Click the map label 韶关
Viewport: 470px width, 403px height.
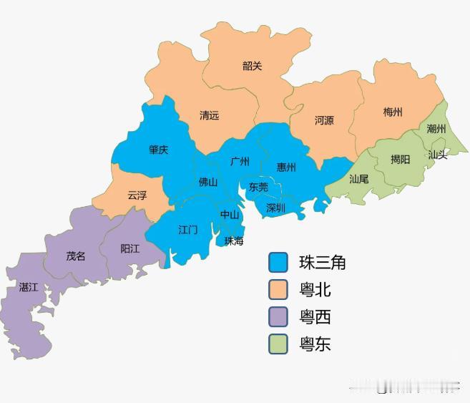pyautogui.click(x=252, y=66)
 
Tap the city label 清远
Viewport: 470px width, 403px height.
pyautogui.click(x=210, y=115)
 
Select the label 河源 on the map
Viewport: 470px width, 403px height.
pyautogui.click(x=324, y=120)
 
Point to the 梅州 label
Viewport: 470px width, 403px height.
pyautogui.click(x=393, y=112)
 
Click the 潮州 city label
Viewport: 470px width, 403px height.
pyautogui.click(x=436, y=129)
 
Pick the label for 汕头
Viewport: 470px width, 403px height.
pyautogui.click(x=437, y=154)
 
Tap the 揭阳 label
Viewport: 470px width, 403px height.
pyautogui.click(x=401, y=159)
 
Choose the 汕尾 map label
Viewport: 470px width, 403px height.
pyautogui.click(x=358, y=178)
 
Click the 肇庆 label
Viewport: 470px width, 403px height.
pyautogui.click(x=159, y=150)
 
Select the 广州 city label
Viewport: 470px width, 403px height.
pyautogui.click(x=240, y=161)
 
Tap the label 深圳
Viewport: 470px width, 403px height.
pyautogui.click(x=275, y=208)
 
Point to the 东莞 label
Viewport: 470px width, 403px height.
pyautogui.click(x=258, y=187)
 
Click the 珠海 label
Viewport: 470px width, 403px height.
pyautogui.click(x=234, y=241)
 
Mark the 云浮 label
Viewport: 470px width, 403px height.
pyautogui.click(x=137, y=195)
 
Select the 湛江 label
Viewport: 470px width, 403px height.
pyautogui.click(x=29, y=287)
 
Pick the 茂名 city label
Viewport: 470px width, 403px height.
pyautogui.click(x=76, y=256)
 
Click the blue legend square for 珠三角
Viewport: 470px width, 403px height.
pyautogui.click(x=278, y=263)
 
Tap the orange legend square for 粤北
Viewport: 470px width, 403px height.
pyautogui.click(x=278, y=290)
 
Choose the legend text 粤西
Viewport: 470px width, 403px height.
pyautogui.click(x=315, y=317)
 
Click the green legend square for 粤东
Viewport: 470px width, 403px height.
pyautogui.click(x=278, y=344)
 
